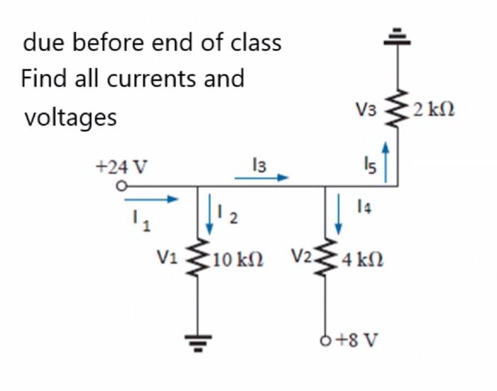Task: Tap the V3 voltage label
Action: (x=367, y=110)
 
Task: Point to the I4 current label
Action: (x=365, y=206)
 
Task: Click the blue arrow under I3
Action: (x=259, y=179)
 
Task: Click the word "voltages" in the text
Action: (x=70, y=116)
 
